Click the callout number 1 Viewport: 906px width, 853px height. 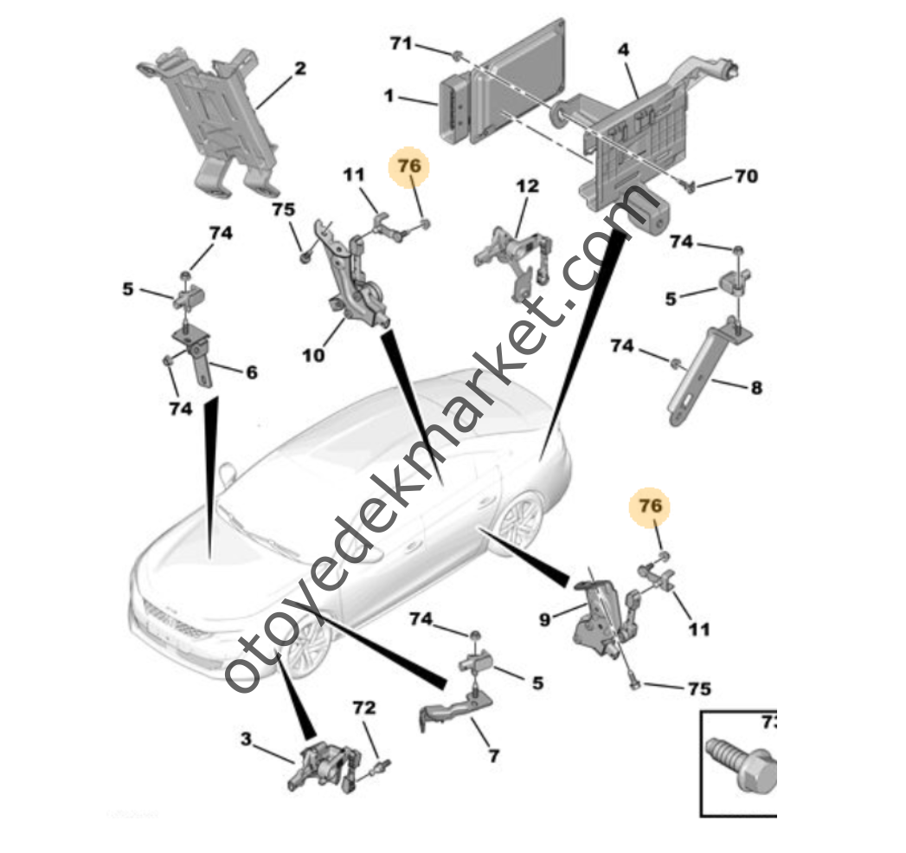389,96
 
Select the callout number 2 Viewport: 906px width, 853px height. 299,68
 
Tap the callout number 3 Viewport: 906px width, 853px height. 247,739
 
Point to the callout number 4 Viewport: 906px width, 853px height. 623,50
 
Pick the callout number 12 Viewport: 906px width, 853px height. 527,185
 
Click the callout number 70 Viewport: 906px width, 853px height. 745,177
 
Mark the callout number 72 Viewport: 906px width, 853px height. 364,708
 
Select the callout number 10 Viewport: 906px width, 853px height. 312,353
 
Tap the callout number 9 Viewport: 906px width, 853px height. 544,619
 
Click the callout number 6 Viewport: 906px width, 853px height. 251,372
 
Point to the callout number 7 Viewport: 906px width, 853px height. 493,755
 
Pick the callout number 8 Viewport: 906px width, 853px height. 755,388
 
